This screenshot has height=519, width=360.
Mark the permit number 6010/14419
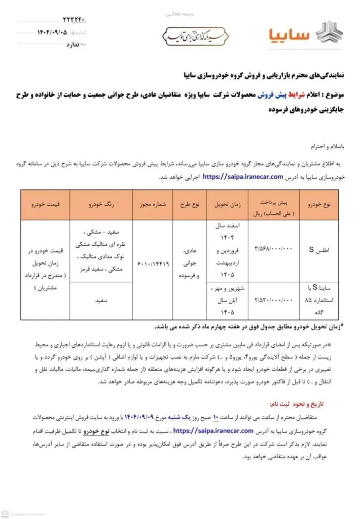click(153, 264)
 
